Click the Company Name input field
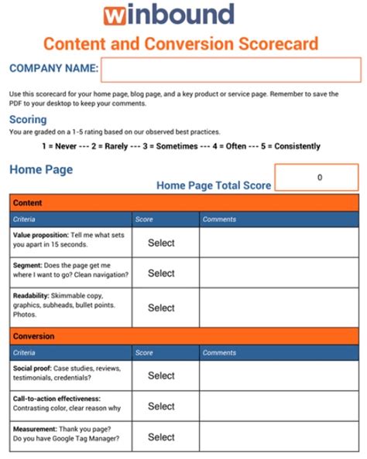[231, 70]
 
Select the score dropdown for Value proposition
[161, 243]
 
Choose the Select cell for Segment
[161, 273]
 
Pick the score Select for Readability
[161, 308]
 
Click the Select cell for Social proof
[161, 376]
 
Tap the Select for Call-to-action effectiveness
[161, 406]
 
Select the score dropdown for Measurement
[161, 437]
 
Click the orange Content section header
[184, 203]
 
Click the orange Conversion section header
[184, 337]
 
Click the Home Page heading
[41, 169]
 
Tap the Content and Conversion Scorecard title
[180, 43]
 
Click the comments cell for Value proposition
[279, 243]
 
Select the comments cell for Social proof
[279, 376]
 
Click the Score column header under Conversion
[145, 352]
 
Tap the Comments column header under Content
[219, 219]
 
